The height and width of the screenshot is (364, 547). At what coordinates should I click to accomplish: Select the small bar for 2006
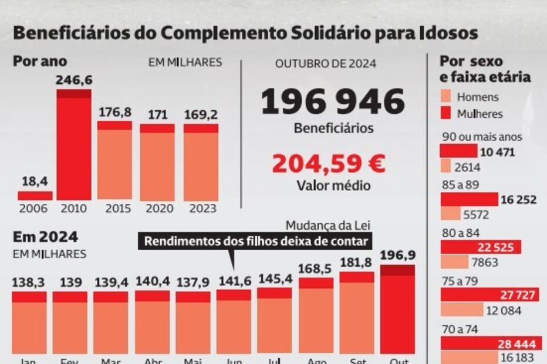click(x=35, y=195)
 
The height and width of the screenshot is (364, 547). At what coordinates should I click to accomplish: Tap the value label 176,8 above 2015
click(x=114, y=111)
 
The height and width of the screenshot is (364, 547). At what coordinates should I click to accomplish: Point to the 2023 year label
click(x=200, y=209)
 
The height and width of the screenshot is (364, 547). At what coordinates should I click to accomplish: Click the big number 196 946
click(x=332, y=102)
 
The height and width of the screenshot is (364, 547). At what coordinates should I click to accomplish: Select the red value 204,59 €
click(x=329, y=164)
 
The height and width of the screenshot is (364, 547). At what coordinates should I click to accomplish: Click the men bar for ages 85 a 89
click(x=450, y=214)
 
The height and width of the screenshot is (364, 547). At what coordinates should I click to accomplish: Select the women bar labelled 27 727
click(x=489, y=294)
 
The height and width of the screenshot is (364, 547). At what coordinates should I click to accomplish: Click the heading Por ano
click(x=40, y=61)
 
